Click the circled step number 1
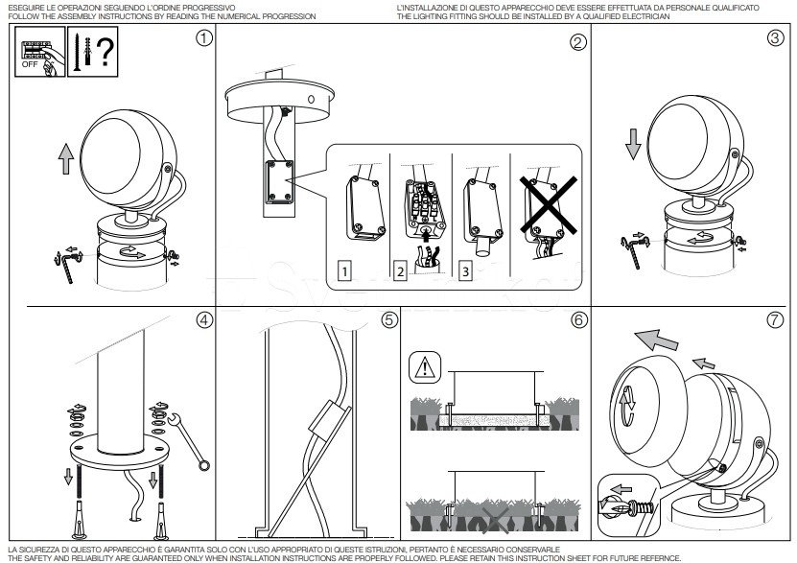pyautogui.click(x=202, y=39)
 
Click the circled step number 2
pyautogui.click(x=577, y=42)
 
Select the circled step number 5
pyautogui.click(x=388, y=320)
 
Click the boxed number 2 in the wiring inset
pyautogui.click(x=398, y=272)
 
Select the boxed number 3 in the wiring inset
pyautogui.click(x=465, y=272)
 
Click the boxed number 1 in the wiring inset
pyautogui.click(x=343, y=272)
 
